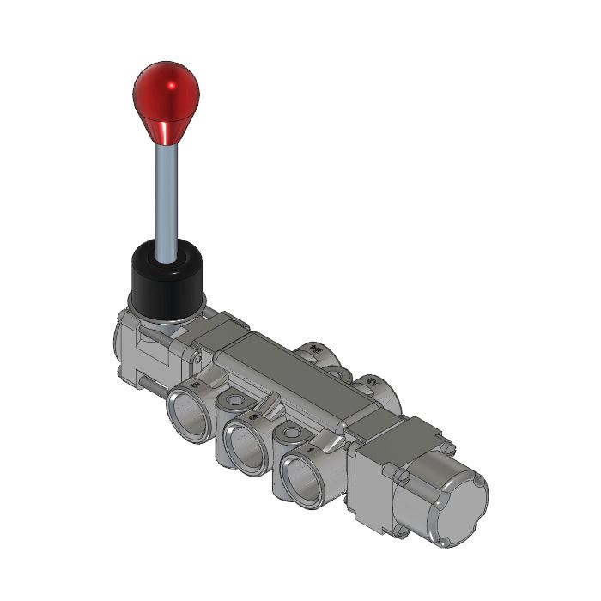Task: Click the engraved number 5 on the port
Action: coord(196,385)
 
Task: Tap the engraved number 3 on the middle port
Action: coord(252,417)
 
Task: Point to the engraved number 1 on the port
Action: coord(309,448)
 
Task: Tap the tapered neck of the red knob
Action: coord(162,129)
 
